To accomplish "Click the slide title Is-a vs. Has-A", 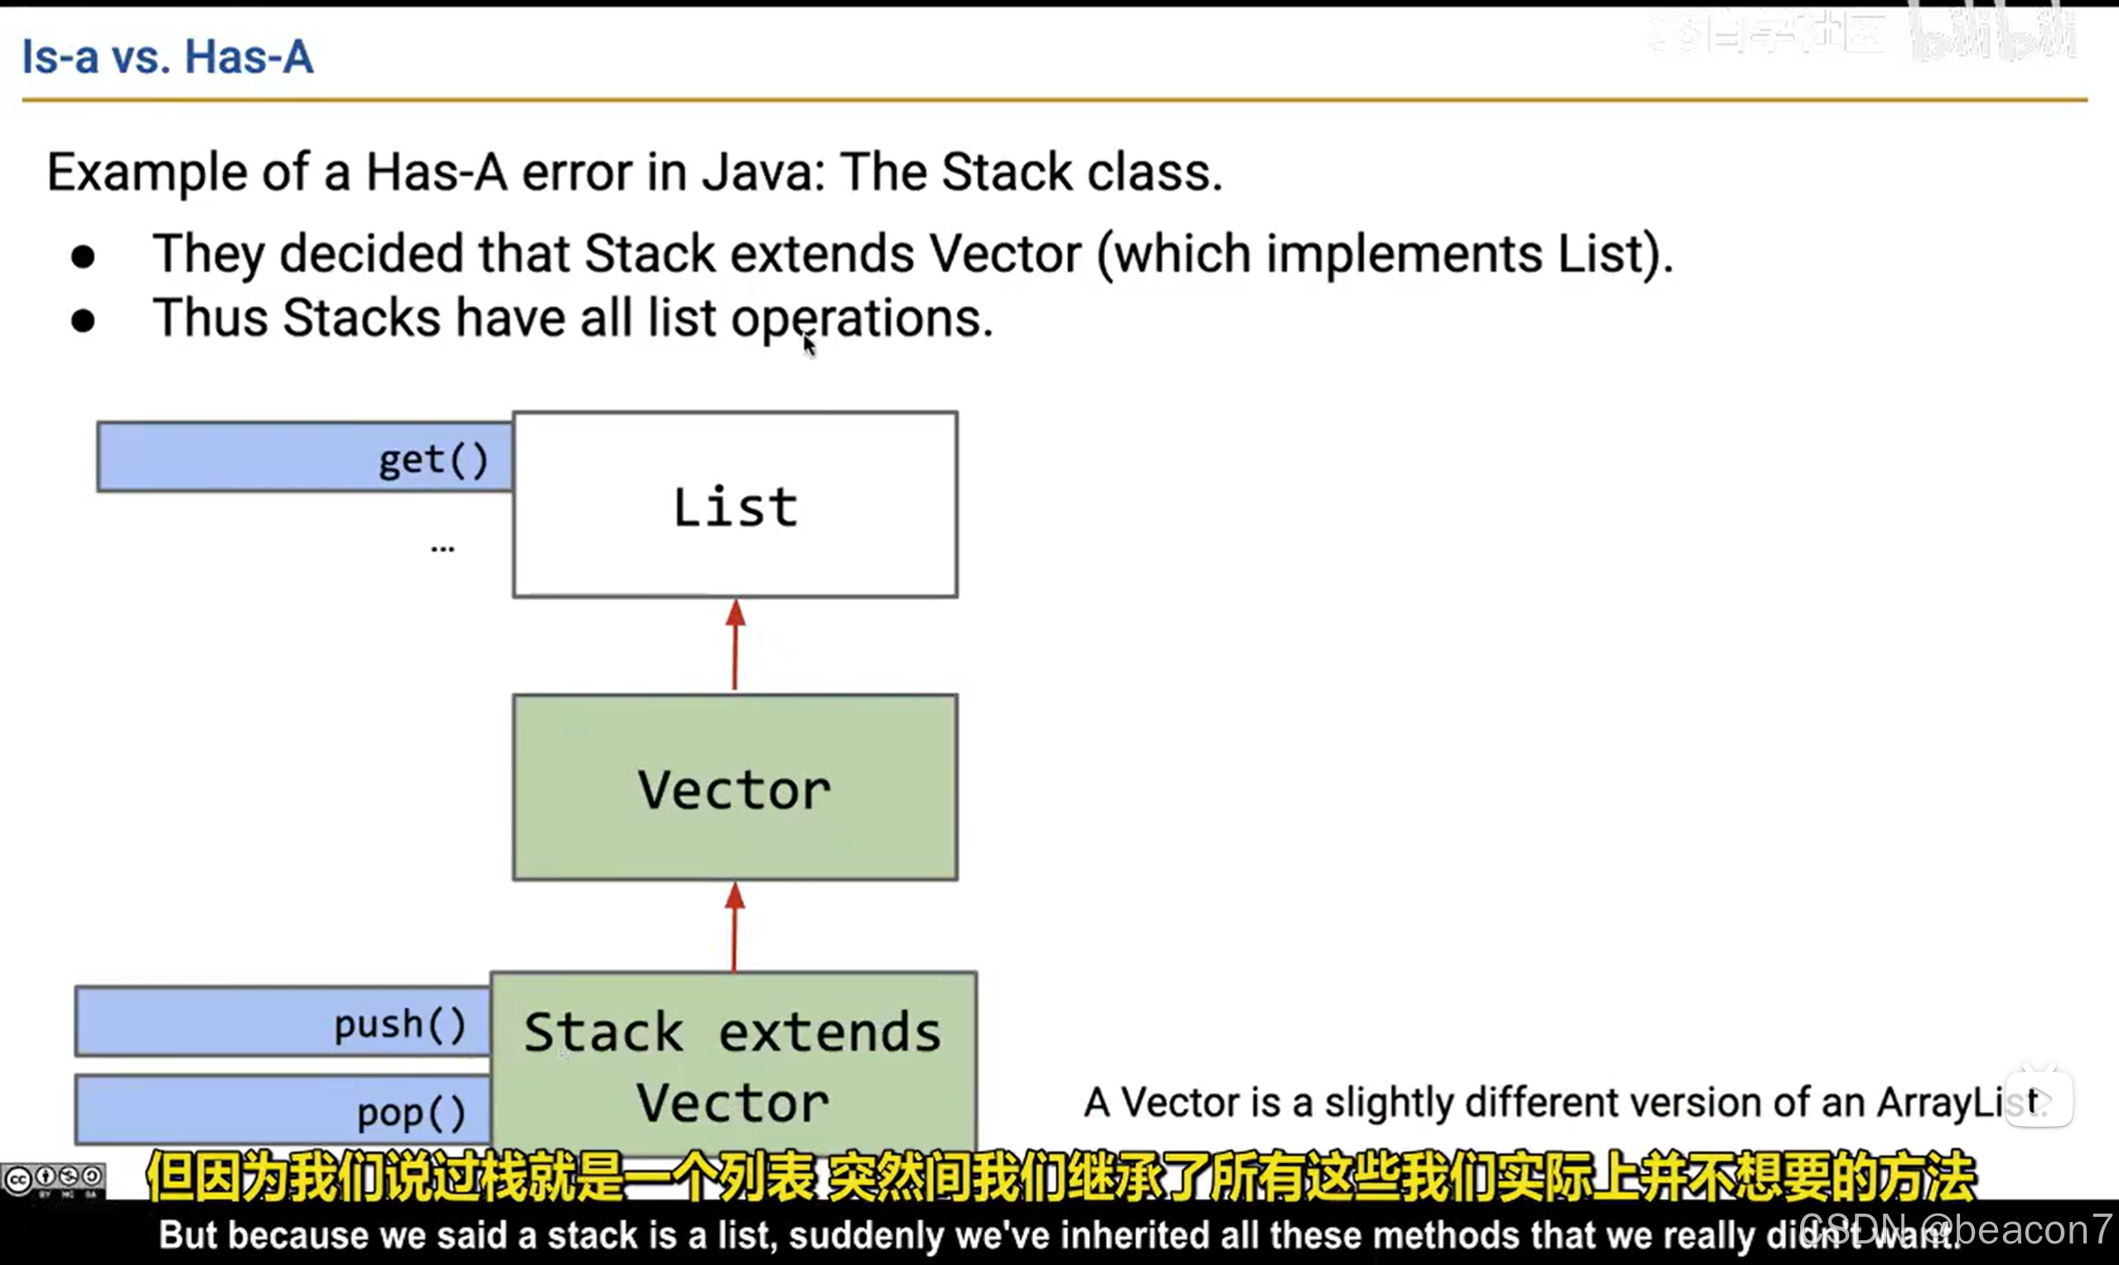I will [167, 57].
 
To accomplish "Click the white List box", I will [735, 505].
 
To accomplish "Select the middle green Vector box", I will [735, 788].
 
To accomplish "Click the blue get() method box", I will [304, 458].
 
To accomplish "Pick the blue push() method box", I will [282, 1022].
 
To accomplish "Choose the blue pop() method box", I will [282, 1110].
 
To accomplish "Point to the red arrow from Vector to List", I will [736, 645].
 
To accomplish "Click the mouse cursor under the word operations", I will [809, 346].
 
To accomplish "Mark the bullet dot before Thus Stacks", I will [83, 321].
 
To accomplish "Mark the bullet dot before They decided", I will [83, 256].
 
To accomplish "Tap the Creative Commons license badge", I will [53, 1180].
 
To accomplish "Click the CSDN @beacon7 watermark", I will [1961, 1229].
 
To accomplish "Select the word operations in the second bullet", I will [861, 318].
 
